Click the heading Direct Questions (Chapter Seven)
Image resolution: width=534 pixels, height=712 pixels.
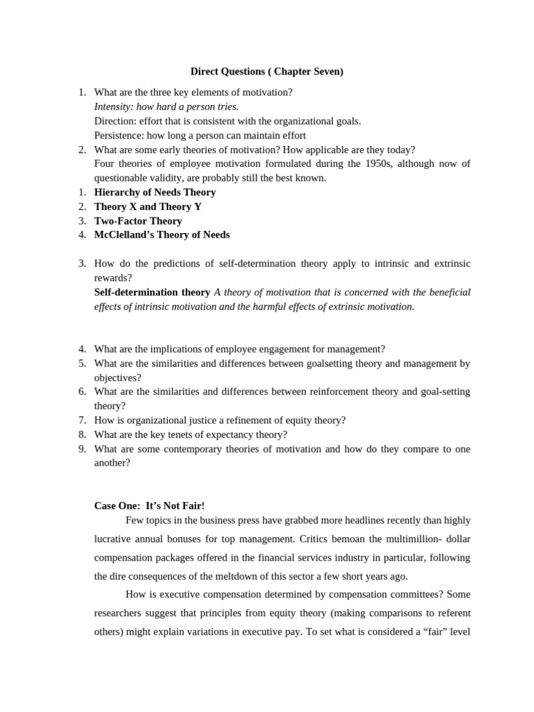[267, 72]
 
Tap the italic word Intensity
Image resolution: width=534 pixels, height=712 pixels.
[113, 106]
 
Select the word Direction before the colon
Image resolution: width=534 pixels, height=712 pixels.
[113, 121]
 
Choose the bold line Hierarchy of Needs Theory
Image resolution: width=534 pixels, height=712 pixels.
[155, 192]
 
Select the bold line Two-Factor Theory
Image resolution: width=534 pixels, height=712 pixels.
[138, 220]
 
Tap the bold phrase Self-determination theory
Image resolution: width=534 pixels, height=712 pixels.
[152, 292]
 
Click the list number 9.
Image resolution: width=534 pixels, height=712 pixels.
[82, 448]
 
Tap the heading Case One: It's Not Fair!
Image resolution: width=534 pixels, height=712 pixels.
[149, 505]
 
